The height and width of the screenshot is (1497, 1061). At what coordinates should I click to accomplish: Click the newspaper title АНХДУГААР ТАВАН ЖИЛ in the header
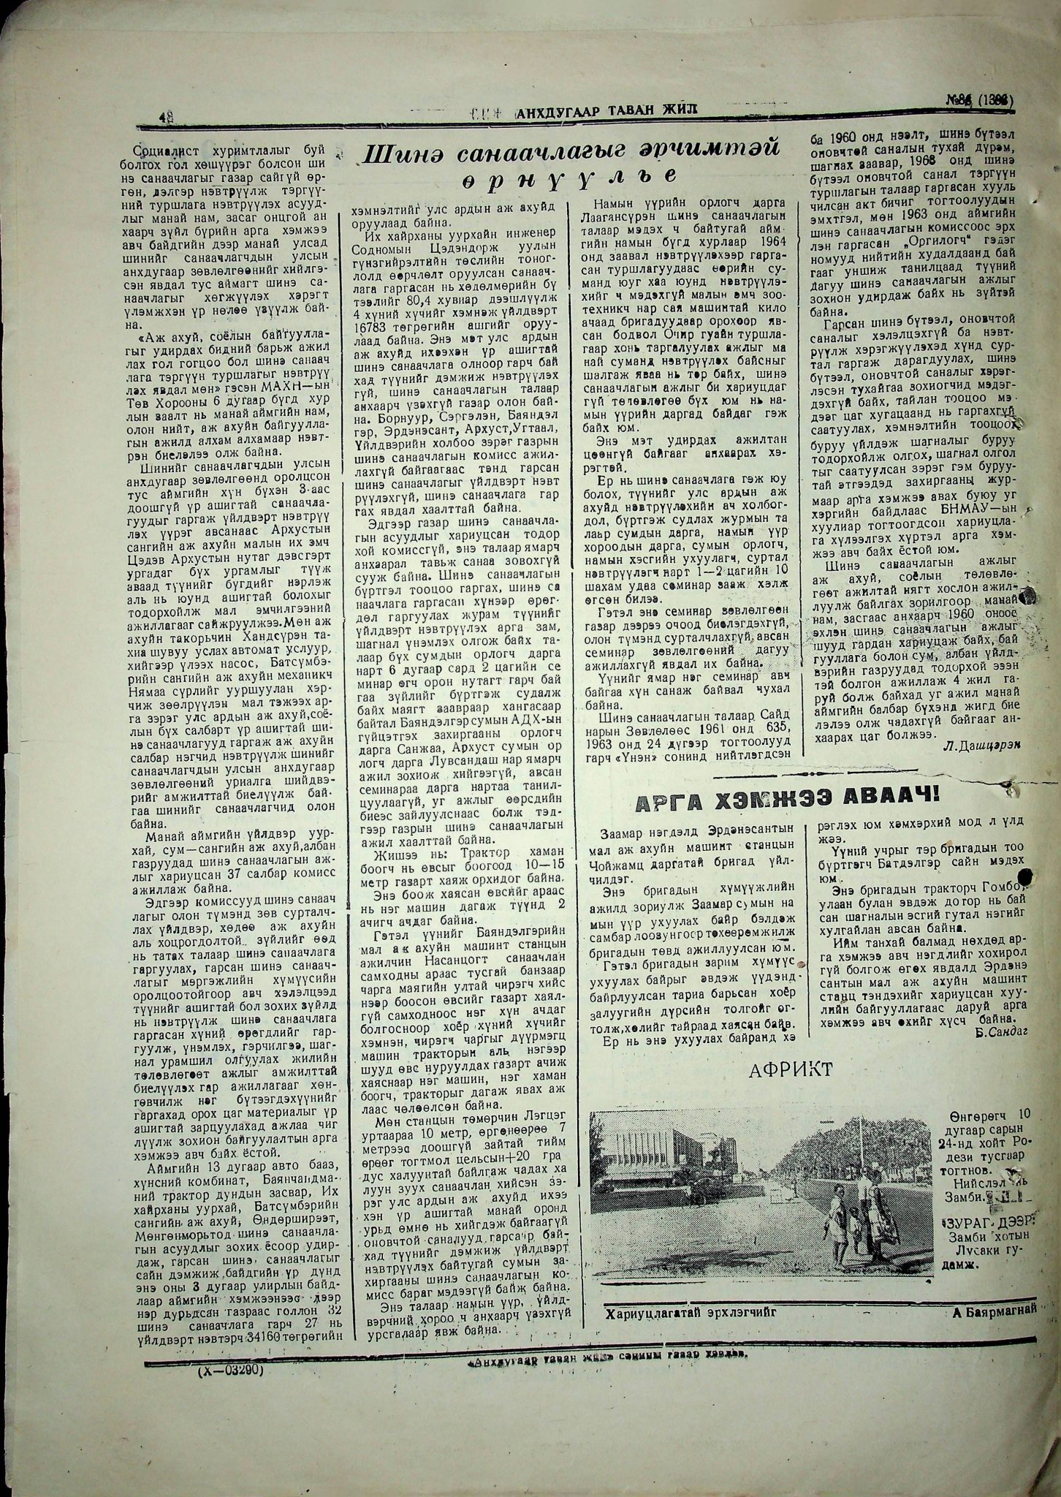tap(606, 111)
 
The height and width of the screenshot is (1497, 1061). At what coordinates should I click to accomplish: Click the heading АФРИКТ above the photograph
tap(790, 1070)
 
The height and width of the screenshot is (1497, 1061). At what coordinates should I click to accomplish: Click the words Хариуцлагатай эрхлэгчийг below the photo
tap(690, 1312)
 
